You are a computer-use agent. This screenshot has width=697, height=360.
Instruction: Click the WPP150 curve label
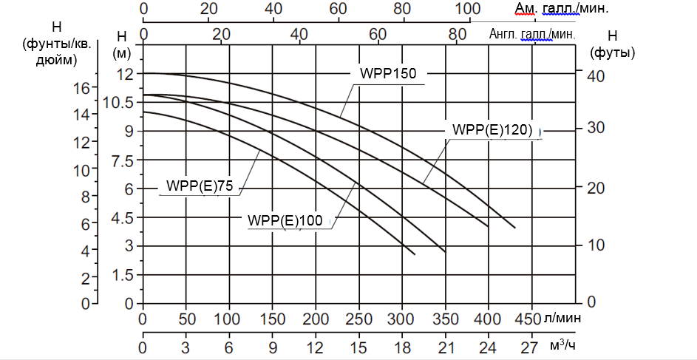[x=388, y=73]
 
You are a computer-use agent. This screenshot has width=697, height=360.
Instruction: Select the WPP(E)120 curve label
[x=492, y=129]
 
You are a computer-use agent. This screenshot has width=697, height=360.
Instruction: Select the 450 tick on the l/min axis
[x=531, y=319]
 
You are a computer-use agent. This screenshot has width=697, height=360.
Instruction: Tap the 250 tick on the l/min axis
[x=358, y=319]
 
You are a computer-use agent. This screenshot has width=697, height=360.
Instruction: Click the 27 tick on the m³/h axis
[x=531, y=346]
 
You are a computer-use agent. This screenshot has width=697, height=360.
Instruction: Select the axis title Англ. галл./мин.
[x=532, y=34]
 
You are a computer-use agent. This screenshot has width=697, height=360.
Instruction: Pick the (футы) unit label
[x=613, y=53]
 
